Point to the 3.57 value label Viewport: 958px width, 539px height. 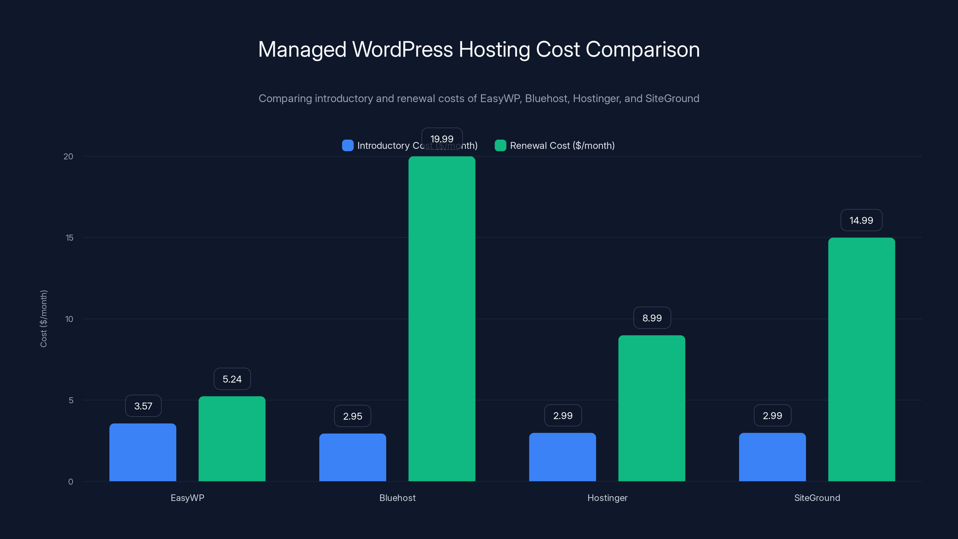[143, 406]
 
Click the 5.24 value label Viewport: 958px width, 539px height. [232, 379]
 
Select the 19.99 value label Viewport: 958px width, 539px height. [442, 139]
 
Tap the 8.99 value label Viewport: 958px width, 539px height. [652, 318]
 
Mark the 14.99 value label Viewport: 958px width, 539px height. [861, 220]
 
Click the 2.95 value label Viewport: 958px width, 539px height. [353, 416]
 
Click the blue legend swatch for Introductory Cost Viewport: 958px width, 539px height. [348, 146]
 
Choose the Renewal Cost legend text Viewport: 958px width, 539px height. [562, 146]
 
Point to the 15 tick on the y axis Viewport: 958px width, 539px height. [69, 238]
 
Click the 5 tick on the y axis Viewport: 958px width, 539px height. [71, 400]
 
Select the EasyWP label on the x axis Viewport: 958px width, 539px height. [187, 498]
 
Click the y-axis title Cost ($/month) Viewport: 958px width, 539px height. [43, 318]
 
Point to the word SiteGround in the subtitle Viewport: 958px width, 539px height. [672, 99]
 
